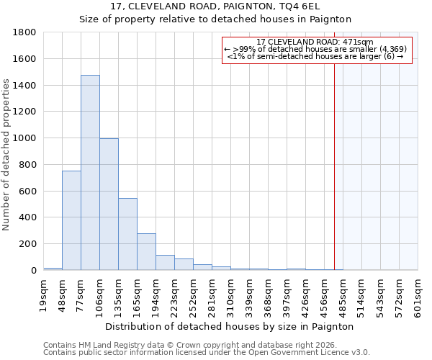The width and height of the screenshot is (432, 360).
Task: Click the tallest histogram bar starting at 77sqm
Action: click(90, 173)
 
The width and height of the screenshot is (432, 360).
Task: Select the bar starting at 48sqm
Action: click(71, 220)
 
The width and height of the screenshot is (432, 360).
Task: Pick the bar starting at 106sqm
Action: click(109, 204)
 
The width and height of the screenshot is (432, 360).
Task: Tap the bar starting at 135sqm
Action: click(127, 234)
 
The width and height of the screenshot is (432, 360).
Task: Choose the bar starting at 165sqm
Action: click(146, 252)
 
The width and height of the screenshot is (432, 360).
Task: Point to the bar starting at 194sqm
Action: click(165, 263)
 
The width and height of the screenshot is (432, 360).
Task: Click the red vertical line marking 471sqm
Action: click(334, 158)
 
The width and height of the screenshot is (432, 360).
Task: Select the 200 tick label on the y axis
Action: click(28, 244)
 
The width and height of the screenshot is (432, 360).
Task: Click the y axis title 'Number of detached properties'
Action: click(7, 156)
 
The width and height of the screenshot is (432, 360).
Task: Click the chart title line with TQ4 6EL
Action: click(215, 6)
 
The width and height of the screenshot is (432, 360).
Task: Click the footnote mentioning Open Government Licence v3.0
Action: click(207, 353)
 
